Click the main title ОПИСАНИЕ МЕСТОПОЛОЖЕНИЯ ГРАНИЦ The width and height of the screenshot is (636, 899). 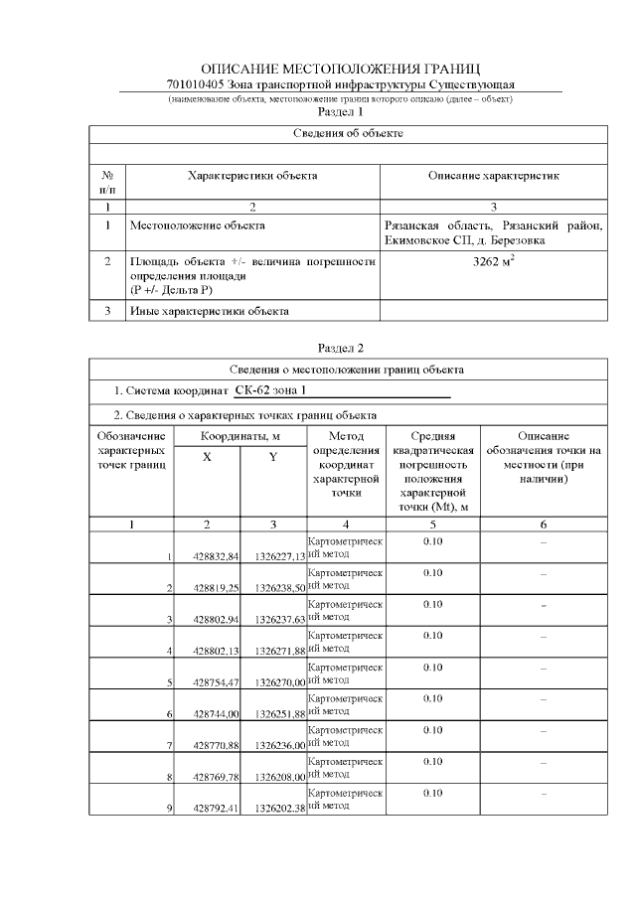[341, 69]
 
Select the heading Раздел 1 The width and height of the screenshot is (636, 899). [341, 112]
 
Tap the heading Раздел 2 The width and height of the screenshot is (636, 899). [341, 348]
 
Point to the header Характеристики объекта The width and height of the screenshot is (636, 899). [252, 175]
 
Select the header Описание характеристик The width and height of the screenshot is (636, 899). [493, 175]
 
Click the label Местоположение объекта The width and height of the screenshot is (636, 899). [198, 225]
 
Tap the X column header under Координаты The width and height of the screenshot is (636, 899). [207, 457]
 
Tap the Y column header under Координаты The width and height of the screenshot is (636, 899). [272, 457]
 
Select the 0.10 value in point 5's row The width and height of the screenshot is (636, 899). [432, 667]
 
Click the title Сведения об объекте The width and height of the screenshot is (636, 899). [348, 133]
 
